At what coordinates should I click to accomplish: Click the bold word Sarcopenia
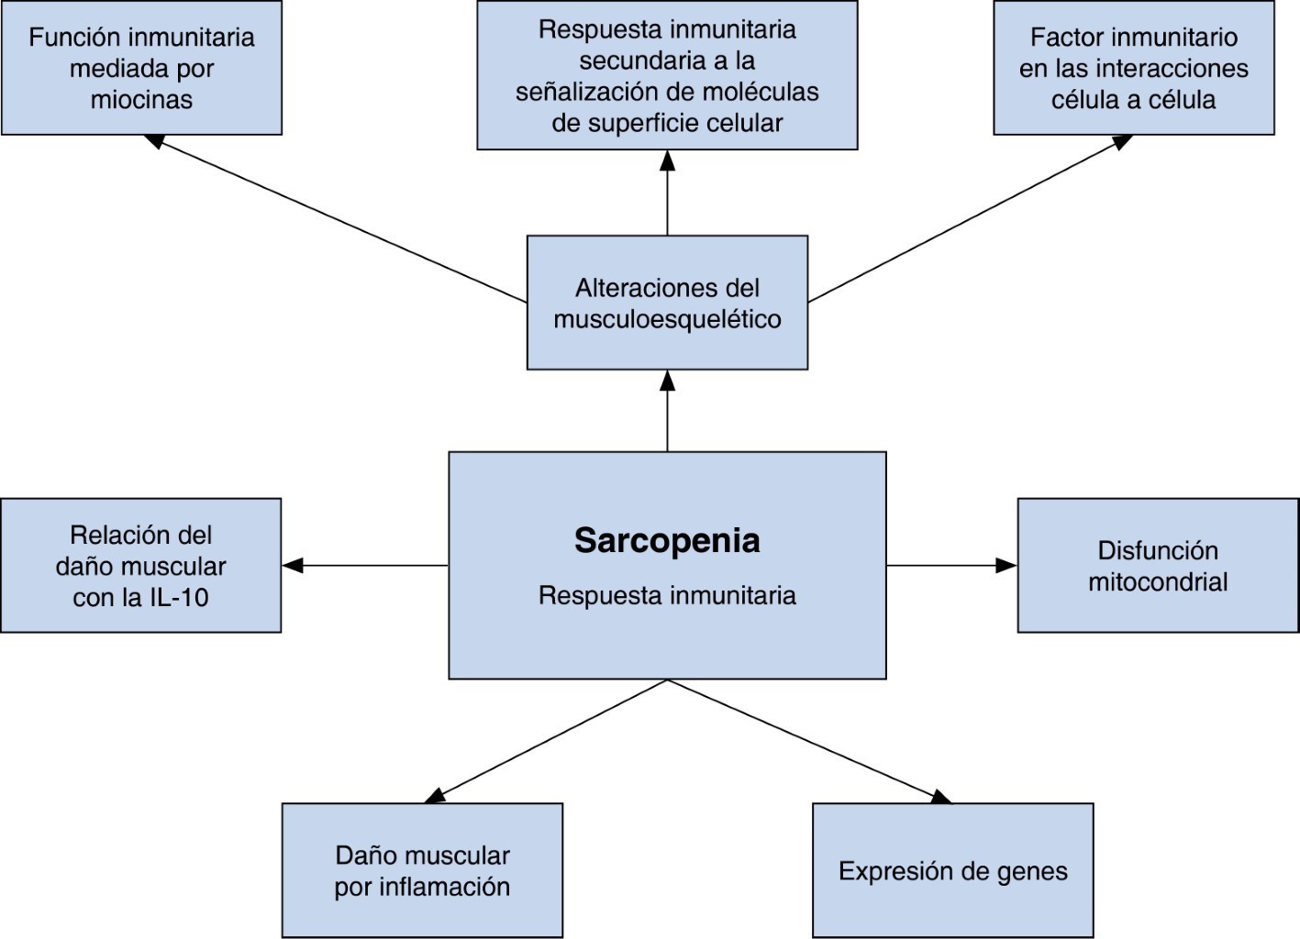pyautogui.click(x=667, y=540)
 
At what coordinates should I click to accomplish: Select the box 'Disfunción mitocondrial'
pyautogui.click(x=1158, y=566)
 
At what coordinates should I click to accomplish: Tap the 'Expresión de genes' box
pyautogui.click(x=952, y=870)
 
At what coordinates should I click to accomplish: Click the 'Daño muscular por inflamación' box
pyautogui.click(x=422, y=870)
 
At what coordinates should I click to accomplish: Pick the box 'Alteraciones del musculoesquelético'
pyautogui.click(x=667, y=303)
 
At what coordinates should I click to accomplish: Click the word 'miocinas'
pyautogui.click(x=141, y=100)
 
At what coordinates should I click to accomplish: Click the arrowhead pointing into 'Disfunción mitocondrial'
pyautogui.click(x=1007, y=566)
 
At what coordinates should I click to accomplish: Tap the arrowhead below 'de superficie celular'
pyautogui.click(x=667, y=160)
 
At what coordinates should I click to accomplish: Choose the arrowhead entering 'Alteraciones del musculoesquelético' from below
pyautogui.click(x=667, y=381)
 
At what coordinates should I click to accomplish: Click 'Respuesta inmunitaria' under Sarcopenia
pyautogui.click(x=667, y=595)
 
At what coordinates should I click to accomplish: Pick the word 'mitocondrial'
pyautogui.click(x=1158, y=582)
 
